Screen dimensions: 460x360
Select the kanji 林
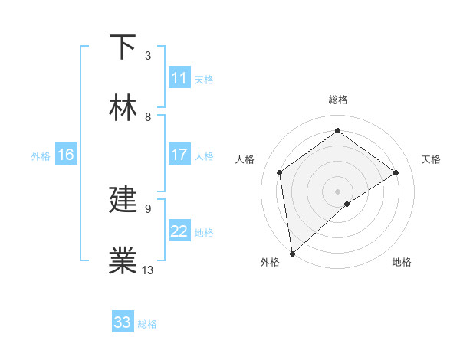click(x=123, y=108)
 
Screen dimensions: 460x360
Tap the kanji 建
click(x=123, y=200)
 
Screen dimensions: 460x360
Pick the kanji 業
click(x=123, y=261)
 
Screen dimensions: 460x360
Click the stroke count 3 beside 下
click(x=148, y=56)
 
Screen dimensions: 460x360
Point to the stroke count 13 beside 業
click(x=148, y=270)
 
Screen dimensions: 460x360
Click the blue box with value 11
click(x=179, y=78)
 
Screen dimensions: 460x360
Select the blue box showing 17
click(x=179, y=155)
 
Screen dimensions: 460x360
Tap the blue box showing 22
click(x=179, y=231)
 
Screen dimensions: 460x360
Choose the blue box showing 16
click(x=66, y=155)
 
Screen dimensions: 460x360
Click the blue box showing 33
click(x=123, y=322)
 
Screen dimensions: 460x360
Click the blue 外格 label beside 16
click(x=41, y=156)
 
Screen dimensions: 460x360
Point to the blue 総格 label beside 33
click(x=147, y=324)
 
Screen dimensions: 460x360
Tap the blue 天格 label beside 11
click(x=204, y=80)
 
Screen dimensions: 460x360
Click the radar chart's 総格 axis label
click(x=338, y=100)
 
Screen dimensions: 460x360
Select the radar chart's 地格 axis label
click(x=402, y=262)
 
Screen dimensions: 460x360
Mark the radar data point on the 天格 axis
click(x=396, y=172)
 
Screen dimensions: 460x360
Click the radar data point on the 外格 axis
click(x=291, y=254)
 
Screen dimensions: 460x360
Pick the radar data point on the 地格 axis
click(x=347, y=204)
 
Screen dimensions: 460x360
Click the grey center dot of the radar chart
click(x=338, y=191)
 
